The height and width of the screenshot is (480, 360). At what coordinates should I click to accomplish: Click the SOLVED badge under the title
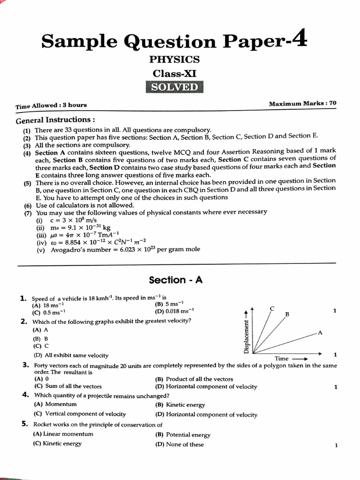coord(174,88)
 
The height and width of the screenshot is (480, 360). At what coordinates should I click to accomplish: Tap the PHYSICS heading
coord(174,60)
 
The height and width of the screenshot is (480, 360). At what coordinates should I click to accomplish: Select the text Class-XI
coord(174,74)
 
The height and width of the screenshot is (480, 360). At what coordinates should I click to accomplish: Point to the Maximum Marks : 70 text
coord(302,104)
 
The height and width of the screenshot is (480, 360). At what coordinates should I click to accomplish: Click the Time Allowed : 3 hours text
coord(51,105)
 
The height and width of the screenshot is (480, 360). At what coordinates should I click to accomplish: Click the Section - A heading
coord(176,280)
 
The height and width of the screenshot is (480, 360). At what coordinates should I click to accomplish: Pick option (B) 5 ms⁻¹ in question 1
coord(169,304)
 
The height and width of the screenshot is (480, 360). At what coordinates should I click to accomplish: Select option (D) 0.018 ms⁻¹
coord(174,311)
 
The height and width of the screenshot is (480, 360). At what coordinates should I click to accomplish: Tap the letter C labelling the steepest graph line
coord(272,308)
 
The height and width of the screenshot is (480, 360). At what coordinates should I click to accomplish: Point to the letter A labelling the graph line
coord(320,332)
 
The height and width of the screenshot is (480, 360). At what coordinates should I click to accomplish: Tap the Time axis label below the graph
coord(282,359)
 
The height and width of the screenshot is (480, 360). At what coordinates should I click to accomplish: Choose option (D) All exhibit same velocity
coord(70,355)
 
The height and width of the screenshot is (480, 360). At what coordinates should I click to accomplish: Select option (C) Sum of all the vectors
coord(67,386)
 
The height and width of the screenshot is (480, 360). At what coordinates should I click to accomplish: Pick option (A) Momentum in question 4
coord(55,404)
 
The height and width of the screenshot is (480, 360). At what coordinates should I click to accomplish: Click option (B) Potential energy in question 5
coord(183,435)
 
